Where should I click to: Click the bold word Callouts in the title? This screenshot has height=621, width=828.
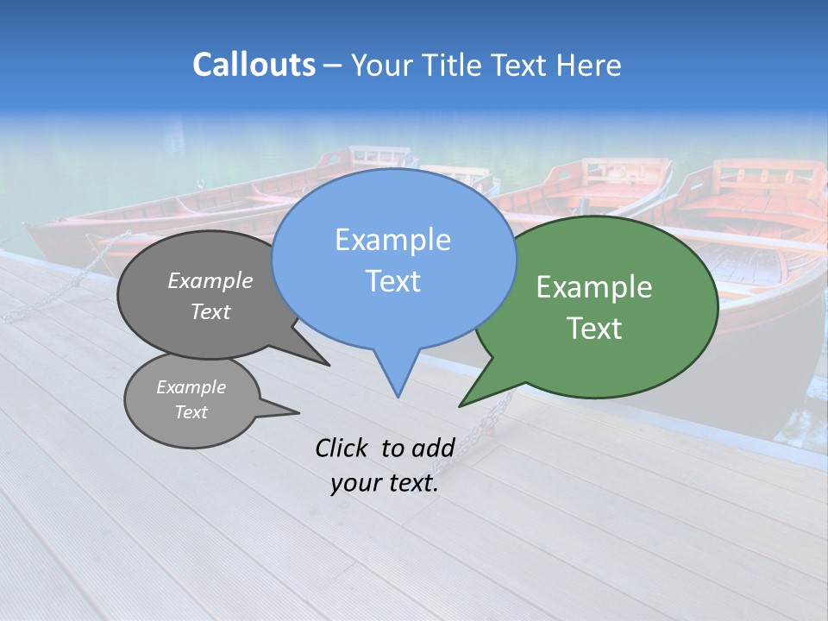254,65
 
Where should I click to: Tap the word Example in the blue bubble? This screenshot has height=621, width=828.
392,240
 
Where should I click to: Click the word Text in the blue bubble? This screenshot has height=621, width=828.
392,281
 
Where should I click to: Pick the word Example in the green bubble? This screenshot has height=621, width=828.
594,287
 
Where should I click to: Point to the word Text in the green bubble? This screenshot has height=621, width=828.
594,329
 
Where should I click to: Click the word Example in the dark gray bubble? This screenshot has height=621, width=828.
210,280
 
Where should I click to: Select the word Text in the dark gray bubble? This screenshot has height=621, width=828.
210,311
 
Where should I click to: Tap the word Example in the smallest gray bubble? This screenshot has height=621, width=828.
191,387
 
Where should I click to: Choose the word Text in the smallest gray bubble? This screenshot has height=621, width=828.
191,412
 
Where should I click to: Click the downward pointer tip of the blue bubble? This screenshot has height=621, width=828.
398,396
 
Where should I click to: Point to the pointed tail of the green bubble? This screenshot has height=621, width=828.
461,405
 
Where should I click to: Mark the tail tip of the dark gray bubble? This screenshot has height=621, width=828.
328,365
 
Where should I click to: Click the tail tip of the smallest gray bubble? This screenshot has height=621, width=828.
298,412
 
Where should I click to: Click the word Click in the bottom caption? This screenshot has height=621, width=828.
342,448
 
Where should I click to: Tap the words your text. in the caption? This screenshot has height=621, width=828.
385,483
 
